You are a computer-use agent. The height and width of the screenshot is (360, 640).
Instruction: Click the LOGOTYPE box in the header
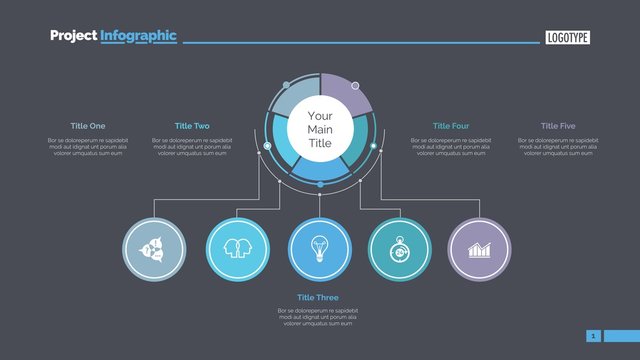(x=568, y=38)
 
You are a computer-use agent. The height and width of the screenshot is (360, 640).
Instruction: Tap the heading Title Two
(x=192, y=126)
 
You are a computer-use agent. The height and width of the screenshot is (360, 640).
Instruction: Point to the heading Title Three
(x=318, y=298)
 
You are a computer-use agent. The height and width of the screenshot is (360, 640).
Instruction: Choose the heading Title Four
(x=450, y=126)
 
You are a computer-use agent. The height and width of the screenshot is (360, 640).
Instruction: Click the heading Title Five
(x=558, y=126)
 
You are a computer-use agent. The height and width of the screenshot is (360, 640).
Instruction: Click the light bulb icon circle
(x=320, y=248)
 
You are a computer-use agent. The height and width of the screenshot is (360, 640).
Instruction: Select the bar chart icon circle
(x=480, y=248)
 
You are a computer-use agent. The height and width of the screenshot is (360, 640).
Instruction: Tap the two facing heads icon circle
(x=237, y=248)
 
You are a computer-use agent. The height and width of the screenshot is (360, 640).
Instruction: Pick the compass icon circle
(x=400, y=248)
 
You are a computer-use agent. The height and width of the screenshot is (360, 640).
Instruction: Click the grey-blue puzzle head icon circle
(x=154, y=248)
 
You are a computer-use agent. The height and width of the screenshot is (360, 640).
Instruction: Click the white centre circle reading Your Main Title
(x=320, y=130)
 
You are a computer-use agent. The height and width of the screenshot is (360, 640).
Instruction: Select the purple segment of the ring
(x=349, y=94)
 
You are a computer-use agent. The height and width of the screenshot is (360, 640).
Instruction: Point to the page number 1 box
(x=594, y=336)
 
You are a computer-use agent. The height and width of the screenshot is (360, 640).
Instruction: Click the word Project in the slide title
(x=73, y=36)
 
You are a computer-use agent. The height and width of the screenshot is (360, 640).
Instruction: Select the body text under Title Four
(x=452, y=147)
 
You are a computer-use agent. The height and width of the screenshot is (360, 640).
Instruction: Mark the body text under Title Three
(x=318, y=318)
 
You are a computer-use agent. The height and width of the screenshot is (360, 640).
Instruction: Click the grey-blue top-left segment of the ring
(x=292, y=98)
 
